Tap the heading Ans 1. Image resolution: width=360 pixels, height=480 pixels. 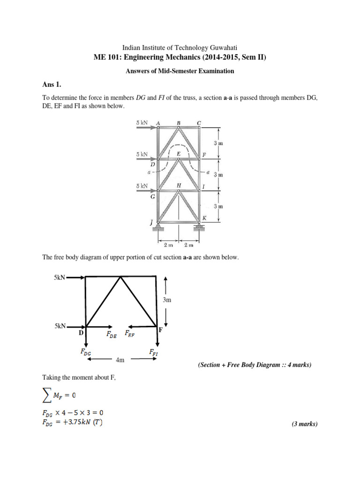(x=52, y=85)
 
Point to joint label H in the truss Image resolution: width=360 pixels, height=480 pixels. (x=179, y=185)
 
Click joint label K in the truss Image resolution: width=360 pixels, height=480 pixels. (x=204, y=218)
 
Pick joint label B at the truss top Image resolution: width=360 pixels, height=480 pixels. (x=178, y=123)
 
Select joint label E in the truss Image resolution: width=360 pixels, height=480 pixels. (x=178, y=153)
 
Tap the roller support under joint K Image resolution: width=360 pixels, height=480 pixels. (x=199, y=228)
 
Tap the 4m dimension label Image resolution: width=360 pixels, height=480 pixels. (x=120, y=360)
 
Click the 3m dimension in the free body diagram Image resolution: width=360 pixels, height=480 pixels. (x=167, y=300)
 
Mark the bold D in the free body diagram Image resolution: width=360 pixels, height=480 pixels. (x=81, y=333)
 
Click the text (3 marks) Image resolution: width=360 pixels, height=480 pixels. (x=304, y=424)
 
